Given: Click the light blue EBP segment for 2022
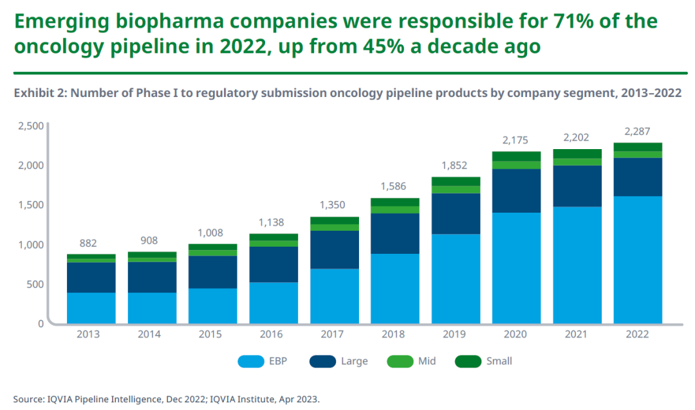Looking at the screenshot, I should (x=638, y=260).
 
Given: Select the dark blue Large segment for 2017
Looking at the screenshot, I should (x=334, y=249).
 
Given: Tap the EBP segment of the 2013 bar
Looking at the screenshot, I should (x=91, y=308).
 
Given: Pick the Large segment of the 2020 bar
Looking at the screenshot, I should (x=516, y=191).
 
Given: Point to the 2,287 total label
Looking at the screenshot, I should (x=638, y=132).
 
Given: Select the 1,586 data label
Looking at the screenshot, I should (x=394, y=187).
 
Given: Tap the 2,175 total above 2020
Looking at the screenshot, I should (x=516, y=141).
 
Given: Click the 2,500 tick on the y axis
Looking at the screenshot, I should (x=30, y=125).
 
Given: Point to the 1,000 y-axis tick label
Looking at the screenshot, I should (x=30, y=244).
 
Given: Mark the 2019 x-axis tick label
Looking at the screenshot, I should (x=456, y=335).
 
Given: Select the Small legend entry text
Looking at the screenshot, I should (x=499, y=361).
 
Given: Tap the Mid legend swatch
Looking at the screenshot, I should (x=400, y=361).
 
